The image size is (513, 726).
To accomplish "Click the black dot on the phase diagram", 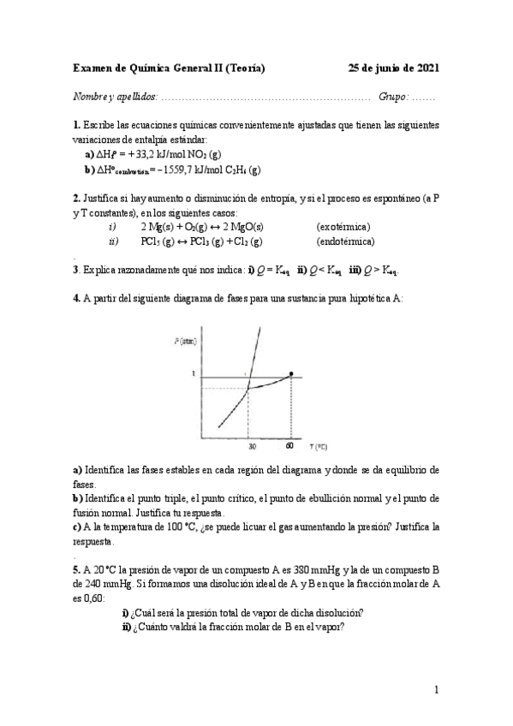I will (x=292, y=373).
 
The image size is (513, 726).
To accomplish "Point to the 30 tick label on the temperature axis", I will (x=252, y=445).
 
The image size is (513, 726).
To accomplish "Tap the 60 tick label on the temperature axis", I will (x=290, y=445).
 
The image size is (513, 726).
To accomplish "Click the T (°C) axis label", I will (x=320, y=447).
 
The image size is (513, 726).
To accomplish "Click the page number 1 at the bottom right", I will (x=437, y=690).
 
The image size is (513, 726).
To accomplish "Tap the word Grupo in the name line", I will (x=394, y=98).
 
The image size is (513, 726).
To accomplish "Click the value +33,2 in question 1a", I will (x=140, y=154).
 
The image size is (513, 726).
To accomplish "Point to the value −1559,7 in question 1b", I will (x=187, y=170).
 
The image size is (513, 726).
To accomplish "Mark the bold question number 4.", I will (x=77, y=298).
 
